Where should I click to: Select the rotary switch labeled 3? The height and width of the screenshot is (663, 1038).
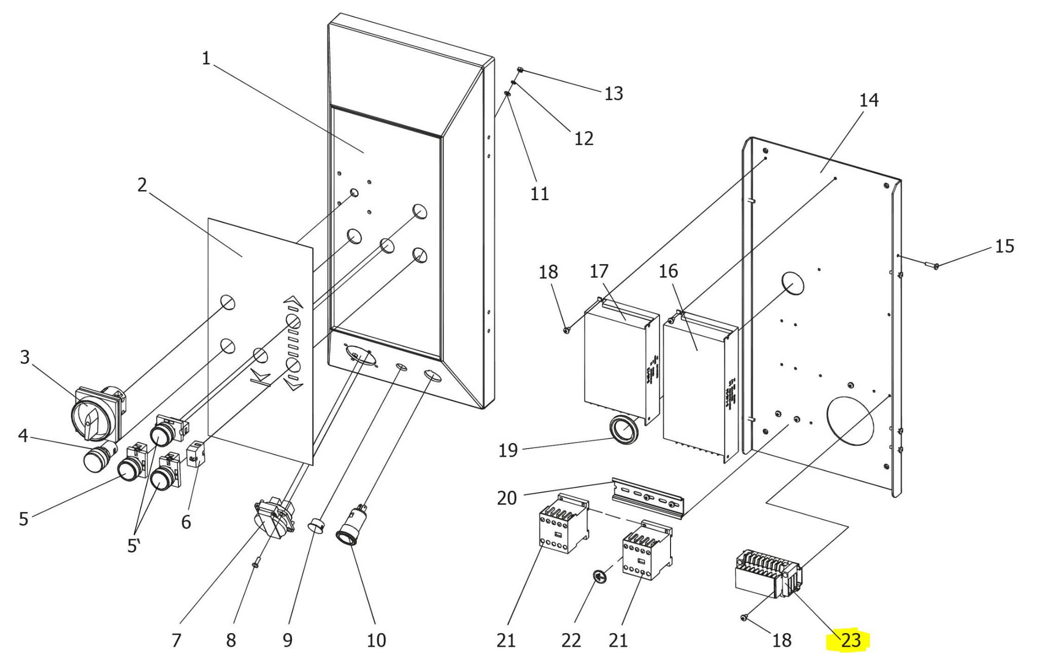point(99,413)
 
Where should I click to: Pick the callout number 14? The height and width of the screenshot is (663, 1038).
point(869,100)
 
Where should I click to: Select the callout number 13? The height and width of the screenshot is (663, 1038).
point(613,93)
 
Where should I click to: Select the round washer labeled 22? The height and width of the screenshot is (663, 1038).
point(600,577)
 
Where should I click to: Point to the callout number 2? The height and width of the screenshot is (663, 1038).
point(142,185)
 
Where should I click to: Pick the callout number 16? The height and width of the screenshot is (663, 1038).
point(668,271)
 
